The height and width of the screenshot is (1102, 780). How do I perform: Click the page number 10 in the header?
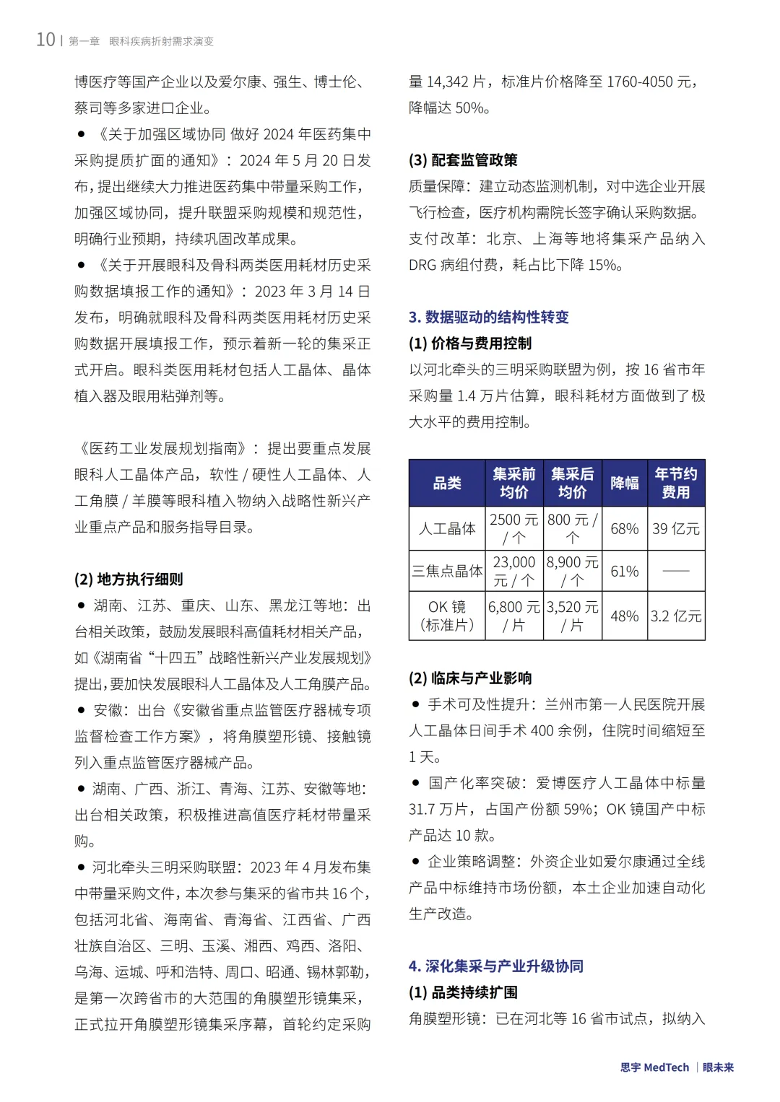click(45, 40)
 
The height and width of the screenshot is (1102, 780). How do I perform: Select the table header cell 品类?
click(446, 483)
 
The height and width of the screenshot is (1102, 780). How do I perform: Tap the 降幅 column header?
click(624, 483)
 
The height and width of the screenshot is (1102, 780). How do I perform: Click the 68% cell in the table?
click(624, 528)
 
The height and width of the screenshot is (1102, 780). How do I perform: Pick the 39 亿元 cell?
click(675, 528)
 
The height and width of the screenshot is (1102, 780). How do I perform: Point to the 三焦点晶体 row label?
click(446, 571)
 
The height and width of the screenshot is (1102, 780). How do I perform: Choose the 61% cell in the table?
click(624, 571)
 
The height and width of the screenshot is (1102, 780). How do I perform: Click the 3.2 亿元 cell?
click(675, 616)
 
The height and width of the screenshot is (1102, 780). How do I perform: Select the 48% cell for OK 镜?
click(624, 616)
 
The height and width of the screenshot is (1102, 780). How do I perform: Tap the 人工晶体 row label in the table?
click(446, 528)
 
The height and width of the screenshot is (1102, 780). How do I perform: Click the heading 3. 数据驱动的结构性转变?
click(488, 317)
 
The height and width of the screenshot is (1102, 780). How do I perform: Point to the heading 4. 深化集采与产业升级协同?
click(495, 966)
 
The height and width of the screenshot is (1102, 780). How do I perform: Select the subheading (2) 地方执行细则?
click(129, 579)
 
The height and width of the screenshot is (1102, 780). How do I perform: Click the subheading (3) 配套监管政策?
click(463, 159)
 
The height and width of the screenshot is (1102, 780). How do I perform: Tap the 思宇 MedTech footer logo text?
click(654, 1067)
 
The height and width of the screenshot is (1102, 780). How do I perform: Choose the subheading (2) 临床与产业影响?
click(470, 678)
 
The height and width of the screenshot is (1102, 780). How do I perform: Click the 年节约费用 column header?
click(675, 483)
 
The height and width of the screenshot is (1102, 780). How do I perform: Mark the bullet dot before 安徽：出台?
click(82, 710)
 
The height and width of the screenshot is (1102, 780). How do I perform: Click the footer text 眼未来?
click(718, 1067)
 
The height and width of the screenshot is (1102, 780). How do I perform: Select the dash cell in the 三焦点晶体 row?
click(675, 571)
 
